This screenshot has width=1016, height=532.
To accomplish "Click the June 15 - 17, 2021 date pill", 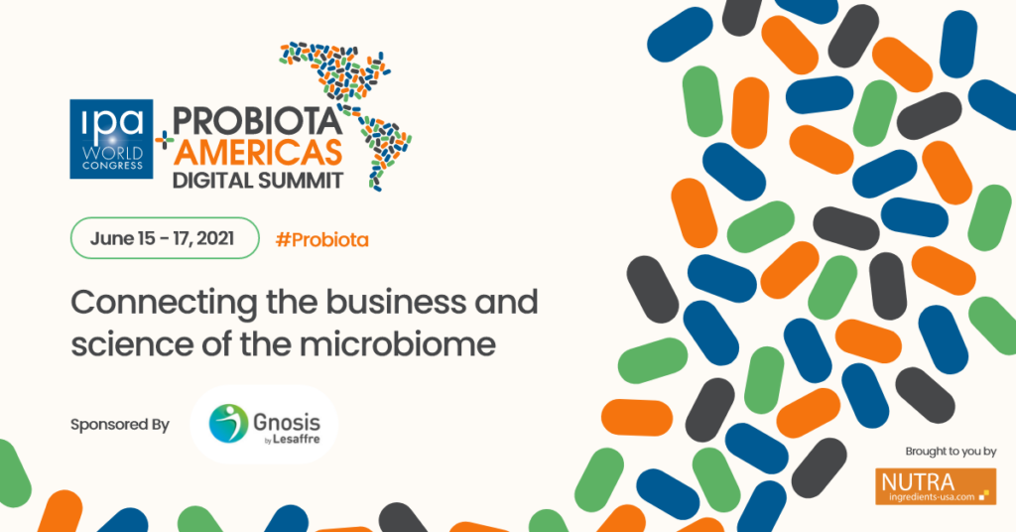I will [164, 238].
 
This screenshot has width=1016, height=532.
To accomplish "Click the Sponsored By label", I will [119, 425].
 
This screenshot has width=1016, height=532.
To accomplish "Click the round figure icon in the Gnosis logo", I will [227, 423].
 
